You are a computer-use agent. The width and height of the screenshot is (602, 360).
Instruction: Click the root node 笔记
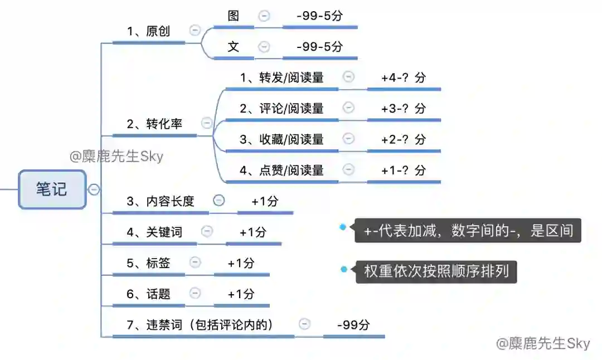click(52, 189)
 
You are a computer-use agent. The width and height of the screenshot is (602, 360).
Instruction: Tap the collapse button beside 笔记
click(94, 189)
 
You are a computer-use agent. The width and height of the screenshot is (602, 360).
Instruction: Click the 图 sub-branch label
click(234, 16)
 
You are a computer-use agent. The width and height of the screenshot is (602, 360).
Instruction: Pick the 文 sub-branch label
click(234, 47)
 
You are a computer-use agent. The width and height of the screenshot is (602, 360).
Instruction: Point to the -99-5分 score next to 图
click(319, 16)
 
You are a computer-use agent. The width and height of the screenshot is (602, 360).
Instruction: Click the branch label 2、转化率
click(154, 124)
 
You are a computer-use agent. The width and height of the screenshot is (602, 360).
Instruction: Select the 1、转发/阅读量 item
click(281, 77)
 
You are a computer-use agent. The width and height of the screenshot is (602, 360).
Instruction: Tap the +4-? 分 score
click(404, 77)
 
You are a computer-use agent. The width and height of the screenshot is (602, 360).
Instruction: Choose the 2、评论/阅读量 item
click(281, 108)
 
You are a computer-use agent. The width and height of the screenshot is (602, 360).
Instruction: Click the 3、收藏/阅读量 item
click(281, 139)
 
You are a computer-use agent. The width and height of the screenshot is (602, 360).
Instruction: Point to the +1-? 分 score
click(404, 170)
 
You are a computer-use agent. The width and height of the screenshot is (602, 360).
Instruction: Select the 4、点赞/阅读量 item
click(281, 170)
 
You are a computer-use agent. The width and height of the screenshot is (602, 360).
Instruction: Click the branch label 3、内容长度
click(160, 201)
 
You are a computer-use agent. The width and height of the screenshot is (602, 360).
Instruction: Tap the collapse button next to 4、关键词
click(207, 231)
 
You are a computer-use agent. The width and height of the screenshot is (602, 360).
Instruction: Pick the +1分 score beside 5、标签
click(241, 263)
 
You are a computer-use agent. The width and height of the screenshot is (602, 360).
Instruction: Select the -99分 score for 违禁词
click(353, 325)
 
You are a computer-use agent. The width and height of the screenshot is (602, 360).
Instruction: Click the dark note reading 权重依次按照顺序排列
click(436, 272)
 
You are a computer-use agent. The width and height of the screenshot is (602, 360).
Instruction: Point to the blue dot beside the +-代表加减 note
click(343, 227)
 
